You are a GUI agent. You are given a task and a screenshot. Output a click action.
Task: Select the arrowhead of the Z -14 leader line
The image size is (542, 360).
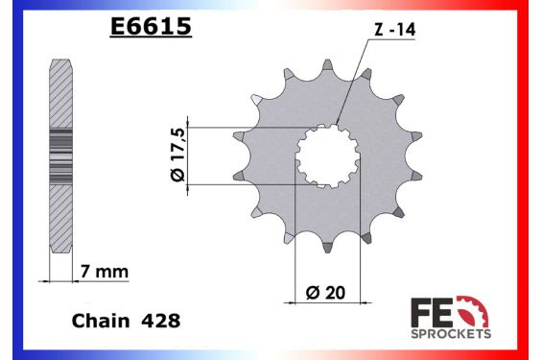pyautogui.click(x=340, y=123)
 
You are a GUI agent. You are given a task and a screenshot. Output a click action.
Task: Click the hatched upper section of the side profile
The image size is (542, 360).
pyautogui.click(x=60, y=96)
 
